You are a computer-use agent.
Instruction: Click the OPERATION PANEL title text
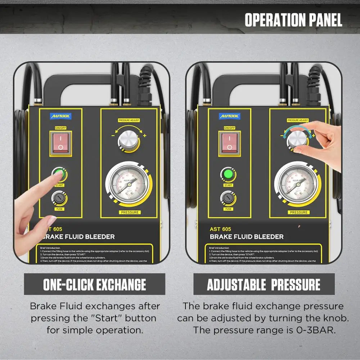click(x=293, y=20)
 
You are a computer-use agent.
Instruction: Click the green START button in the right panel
click(x=228, y=175)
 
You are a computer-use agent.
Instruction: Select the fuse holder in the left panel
click(x=59, y=198)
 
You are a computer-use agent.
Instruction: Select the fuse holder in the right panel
click(x=228, y=198)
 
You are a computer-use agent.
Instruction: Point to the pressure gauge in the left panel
click(x=128, y=183)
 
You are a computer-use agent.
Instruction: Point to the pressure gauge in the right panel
click(x=297, y=183)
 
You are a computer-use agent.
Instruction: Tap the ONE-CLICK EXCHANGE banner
click(x=95, y=284)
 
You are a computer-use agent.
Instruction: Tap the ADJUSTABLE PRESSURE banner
click(x=264, y=284)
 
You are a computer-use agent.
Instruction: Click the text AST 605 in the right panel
click(x=220, y=229)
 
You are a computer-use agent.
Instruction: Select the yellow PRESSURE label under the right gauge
click(x=299, y=212)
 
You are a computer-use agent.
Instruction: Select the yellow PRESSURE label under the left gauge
click(x=130, y=212)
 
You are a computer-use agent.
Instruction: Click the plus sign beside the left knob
click(x=145, y=136)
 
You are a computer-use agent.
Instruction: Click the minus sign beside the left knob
click(x=113, y=136)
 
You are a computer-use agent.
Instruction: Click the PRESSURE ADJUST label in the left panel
click(x=129, y=120)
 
